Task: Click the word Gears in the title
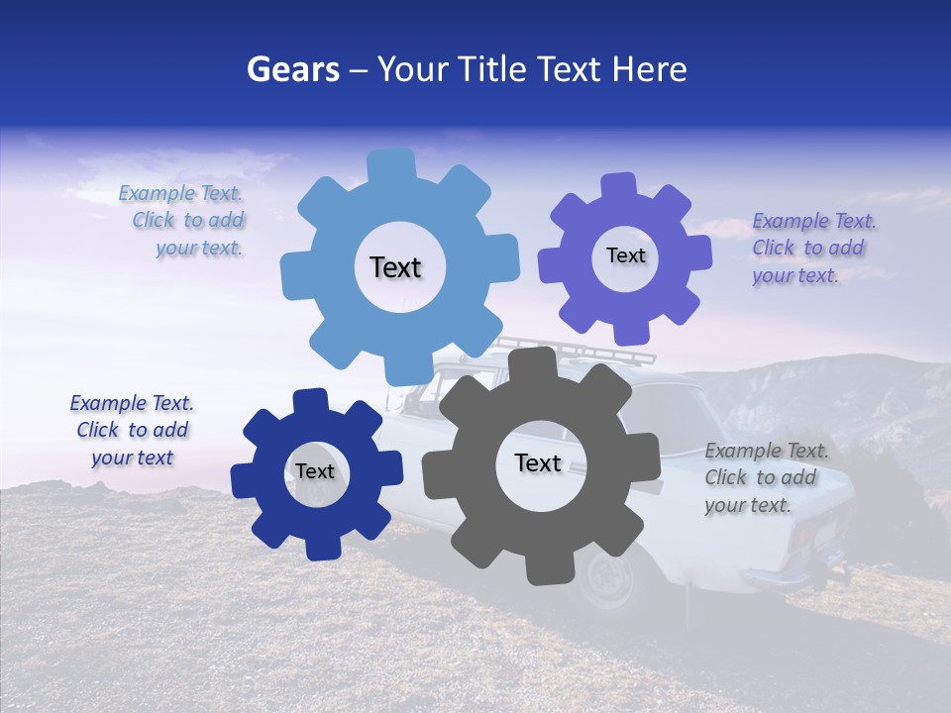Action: (292, 69)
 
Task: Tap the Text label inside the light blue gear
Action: (395, 267)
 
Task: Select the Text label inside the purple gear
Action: (625, 255)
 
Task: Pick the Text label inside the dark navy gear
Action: (315, 471)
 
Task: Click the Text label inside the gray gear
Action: (538, 462)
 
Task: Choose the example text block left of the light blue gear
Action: (184, 221)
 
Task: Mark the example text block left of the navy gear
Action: (132, 430)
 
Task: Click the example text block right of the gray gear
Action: (765, 477)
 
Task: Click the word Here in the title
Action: (650, 69)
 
